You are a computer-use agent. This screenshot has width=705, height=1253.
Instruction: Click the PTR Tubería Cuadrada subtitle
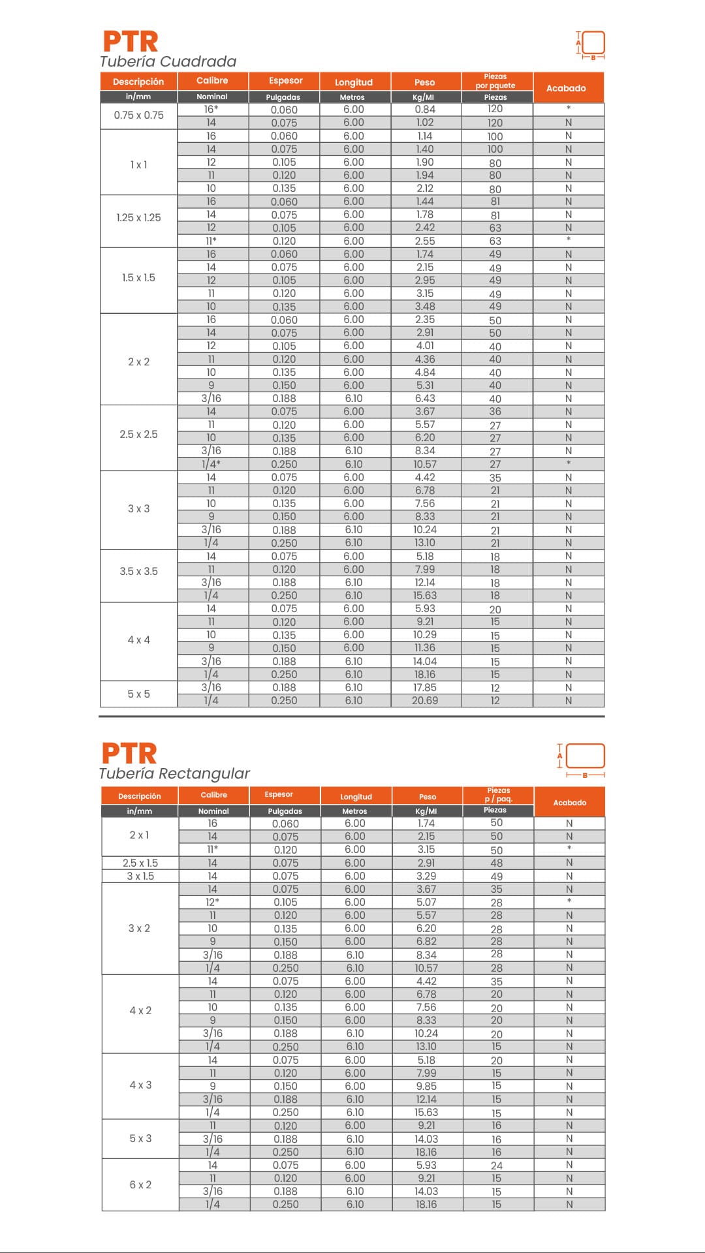[x=168, y=61]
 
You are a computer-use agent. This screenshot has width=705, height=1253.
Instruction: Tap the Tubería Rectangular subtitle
[x=174, y=773]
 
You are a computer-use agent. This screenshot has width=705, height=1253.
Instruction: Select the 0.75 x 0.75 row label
[x=138, y=116]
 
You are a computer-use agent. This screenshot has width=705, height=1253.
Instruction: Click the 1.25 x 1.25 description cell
[x=138, y=217]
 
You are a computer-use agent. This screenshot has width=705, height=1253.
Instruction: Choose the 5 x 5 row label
[x=138, y=694]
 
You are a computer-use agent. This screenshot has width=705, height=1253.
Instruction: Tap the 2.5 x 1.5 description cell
[x=140, y=863]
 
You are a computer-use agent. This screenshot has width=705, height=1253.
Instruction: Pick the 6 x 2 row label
[x=140, y=1184]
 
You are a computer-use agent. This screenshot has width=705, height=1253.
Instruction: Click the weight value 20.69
[x=425, y=700]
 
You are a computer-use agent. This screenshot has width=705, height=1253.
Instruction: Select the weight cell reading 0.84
[x=425, y=110]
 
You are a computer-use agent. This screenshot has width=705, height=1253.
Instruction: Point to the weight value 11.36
[x=425, y=648]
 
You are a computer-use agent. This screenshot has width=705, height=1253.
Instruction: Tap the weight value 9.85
[x=426, y=1086]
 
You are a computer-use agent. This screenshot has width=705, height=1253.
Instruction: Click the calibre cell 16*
[x=211, y=110]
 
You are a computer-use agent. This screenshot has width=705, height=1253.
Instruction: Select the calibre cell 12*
[x=213, y=902]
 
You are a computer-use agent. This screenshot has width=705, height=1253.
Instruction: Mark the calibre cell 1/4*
[x=211, y=464]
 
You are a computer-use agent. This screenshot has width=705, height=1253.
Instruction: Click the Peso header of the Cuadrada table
[x=424, y=82]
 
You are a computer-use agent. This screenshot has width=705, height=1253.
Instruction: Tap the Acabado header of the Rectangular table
[x=569, y=803]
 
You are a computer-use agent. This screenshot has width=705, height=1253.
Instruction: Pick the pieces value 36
[x=495, y=412]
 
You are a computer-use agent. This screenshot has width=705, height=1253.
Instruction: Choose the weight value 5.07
[x=426, y=902]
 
